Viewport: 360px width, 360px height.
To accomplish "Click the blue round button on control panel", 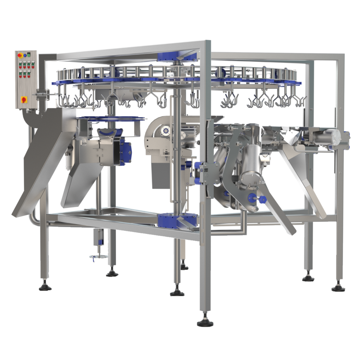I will pyautogui.click(x=24, y=55).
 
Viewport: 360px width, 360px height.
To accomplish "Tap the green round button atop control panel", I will pyautogui.click(x=29, y=55).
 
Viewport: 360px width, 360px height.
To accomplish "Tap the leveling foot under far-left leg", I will pyautogui.click(x=45, y=286).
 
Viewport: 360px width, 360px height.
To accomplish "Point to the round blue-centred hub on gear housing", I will pyautogui.click(x=166, y=131).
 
